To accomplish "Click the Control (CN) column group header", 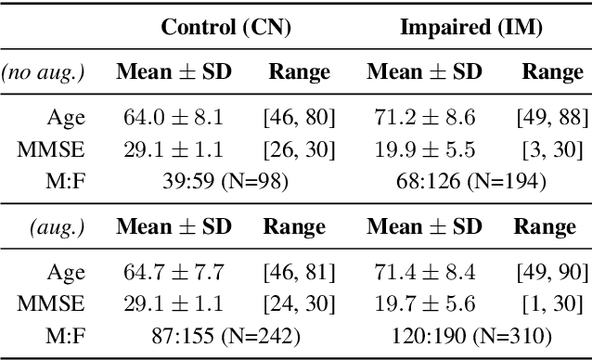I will point(226,27).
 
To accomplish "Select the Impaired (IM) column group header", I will point(470,27).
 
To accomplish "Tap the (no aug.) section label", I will point(43,72).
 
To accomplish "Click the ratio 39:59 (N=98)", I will point(226,181).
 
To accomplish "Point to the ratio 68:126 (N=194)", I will point(470,181).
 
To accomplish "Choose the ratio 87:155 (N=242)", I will point(226,335).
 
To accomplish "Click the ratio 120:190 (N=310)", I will point(470,335).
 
